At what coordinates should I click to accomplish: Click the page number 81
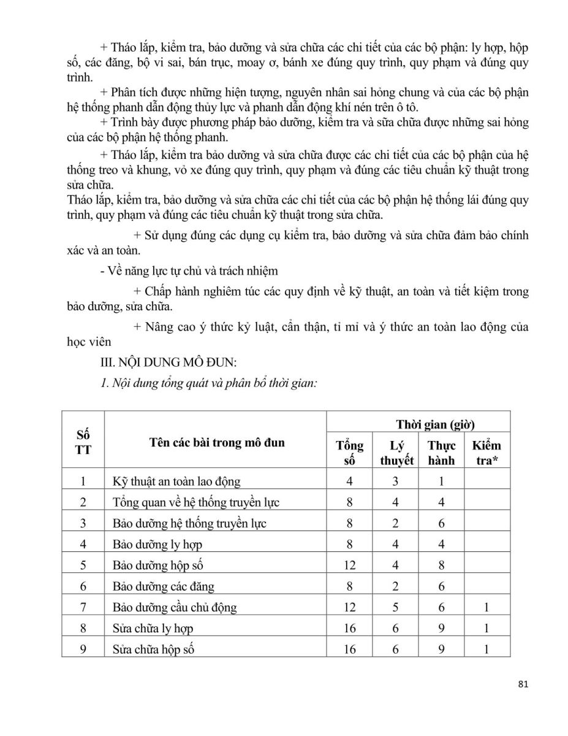pyautogui.click(x=522, y=684)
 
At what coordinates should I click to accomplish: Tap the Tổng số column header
pyautogui.click(x=349, y=453)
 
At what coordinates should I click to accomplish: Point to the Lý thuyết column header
pyautogui.click(x=396, y=453)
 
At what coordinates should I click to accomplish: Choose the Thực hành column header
pyautogui.click(x=441, y=453)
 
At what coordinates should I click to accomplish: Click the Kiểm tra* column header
pyautogui.click(x=487, y=453)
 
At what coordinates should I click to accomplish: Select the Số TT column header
pyautogui.click(x=83, y=442)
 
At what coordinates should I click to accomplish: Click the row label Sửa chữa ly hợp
pyautogui.click(x=153, y=629)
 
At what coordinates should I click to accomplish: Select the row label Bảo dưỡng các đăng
pyautogui.click(x=164, y=586)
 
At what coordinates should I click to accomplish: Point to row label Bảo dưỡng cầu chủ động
pyautogui.click(x=175, y=608)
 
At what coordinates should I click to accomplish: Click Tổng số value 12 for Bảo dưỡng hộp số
pyautogui.click(x=349, y=565)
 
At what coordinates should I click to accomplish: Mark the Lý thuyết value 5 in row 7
pyautogui.click(x=396, y=608)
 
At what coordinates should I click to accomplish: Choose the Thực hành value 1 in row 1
pyautogui.click(x=441, y=481)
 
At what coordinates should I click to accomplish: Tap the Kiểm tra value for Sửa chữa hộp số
pyautogui.click(x=487, y=650)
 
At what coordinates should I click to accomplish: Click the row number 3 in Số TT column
pyautogui.click(x=83, y=523)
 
